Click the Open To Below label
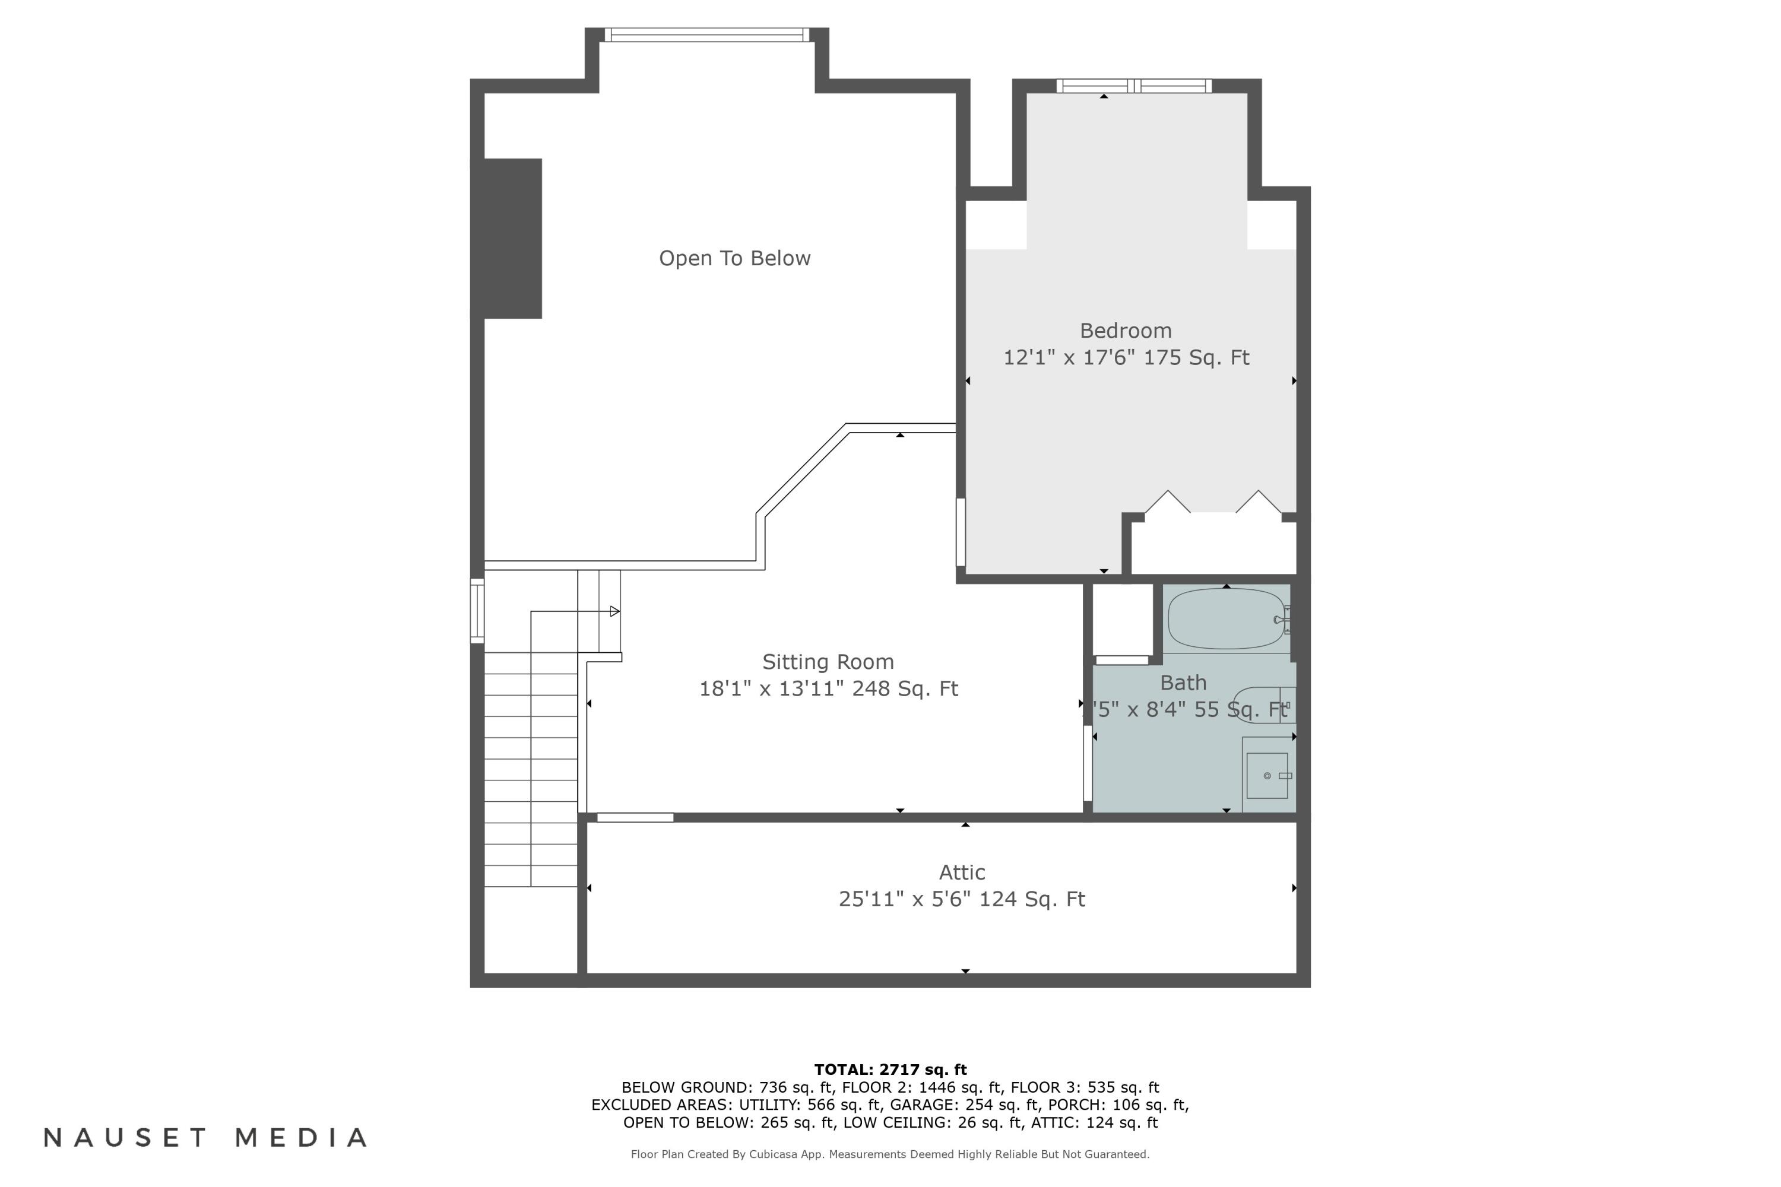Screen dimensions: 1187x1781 point(734,258)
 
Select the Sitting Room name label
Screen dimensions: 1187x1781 point(828,662)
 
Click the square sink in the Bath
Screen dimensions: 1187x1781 point(1267,776)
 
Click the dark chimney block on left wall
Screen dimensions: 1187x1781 point(508,239)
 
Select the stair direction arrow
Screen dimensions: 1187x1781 point(614,611)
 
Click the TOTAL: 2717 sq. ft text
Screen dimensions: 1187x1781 point(890,1069)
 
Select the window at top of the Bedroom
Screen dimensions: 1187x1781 point(1133,86)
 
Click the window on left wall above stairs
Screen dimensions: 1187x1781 point(477,611)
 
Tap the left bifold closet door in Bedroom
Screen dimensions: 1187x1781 point(1167,503)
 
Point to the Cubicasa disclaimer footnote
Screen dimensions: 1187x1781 point(890,1154)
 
